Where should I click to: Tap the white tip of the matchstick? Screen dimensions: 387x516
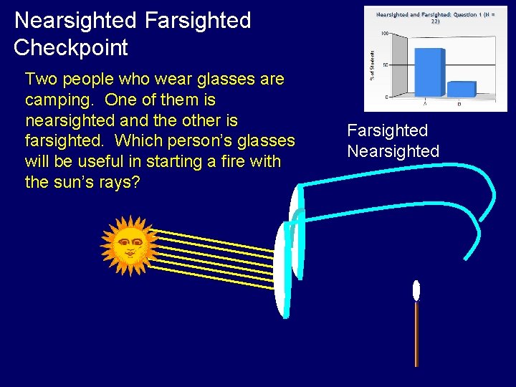(x=416, y=290)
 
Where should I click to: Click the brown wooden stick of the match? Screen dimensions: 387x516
(x=416, y=333)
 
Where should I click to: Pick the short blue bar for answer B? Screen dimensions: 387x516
(x=461, y=89)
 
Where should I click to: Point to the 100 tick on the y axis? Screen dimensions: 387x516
(x=384, y=34)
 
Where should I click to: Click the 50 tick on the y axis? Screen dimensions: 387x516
(x=386, y=65)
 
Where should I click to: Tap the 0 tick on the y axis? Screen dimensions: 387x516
(x=387, y=97)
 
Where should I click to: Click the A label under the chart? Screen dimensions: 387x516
(x=424, y=104)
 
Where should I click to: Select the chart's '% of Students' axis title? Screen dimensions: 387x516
(x=371, y=56)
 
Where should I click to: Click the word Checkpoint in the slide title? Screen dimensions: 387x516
(x=71, y=48)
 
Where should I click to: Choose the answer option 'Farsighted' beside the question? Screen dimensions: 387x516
(x=387, y=130)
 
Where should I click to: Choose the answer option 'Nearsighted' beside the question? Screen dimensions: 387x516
(x=393, y=151)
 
